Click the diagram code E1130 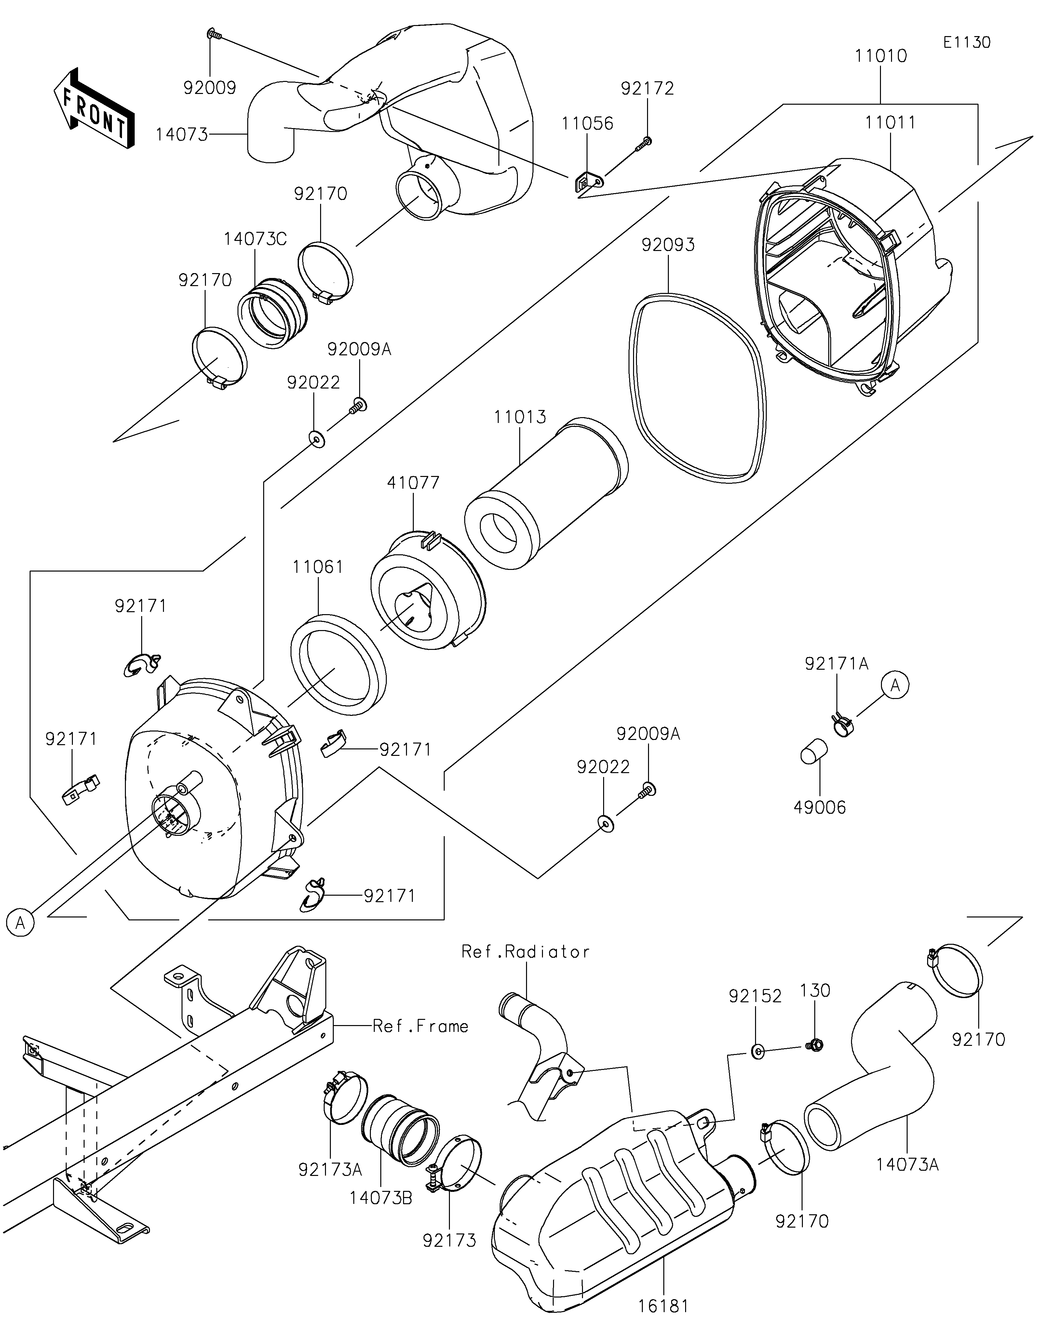[967, 43]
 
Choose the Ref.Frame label [420, 1026]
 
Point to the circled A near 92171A [896, 685]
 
